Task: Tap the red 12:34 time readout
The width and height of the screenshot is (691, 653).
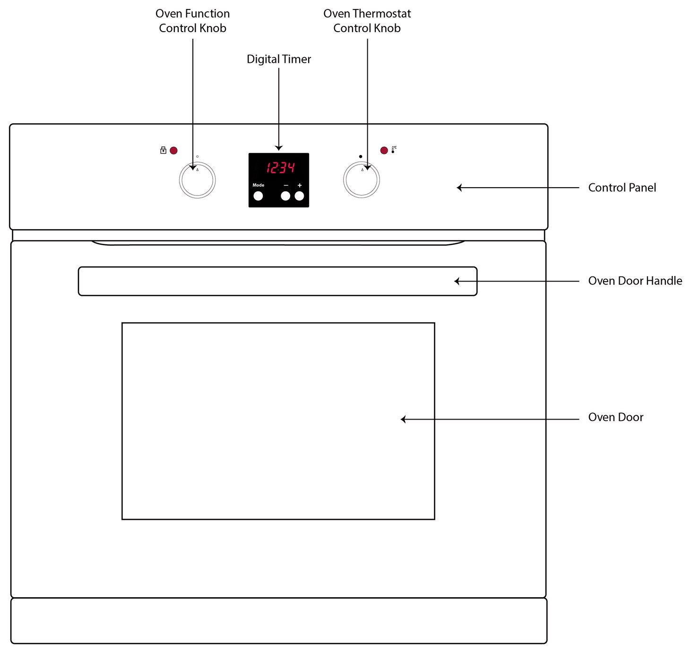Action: point(280,168)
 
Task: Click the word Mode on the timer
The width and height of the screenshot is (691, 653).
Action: point(259,185)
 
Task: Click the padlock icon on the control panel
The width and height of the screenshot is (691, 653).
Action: point(163,150)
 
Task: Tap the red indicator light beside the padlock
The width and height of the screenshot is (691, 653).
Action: point(173,150)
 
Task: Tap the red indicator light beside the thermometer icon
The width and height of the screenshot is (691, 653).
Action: point(384,150)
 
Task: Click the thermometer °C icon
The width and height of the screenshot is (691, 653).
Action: point(394,149)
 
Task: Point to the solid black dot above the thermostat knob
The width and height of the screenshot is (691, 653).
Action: point(361,156)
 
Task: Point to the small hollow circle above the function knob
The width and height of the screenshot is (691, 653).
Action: point(197,156)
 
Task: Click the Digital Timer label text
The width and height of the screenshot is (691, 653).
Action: point(279,59)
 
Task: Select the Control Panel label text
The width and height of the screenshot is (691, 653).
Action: point(622,188)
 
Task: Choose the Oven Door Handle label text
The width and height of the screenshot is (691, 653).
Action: point(635,281)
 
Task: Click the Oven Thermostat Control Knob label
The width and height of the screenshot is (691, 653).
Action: point(367,21)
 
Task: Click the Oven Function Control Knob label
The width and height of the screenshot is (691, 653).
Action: point(193,21)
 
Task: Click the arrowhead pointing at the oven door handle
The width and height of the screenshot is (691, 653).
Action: point(457,281)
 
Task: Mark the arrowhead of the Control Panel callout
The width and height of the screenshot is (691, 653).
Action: point(459,188)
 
